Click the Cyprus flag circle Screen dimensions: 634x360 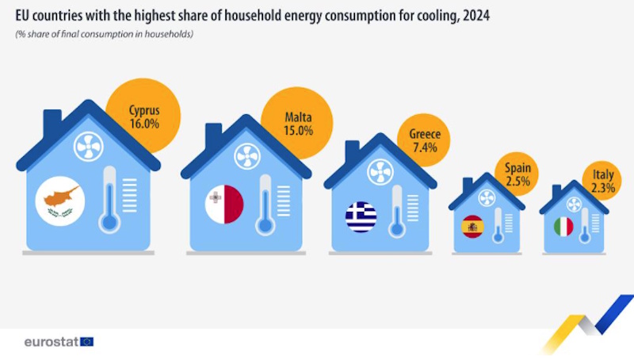[60, 201]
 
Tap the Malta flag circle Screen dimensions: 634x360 [224, 205]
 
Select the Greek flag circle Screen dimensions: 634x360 [361, 216]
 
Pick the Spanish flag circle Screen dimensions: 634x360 [472, 227]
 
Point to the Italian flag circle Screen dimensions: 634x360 [563, 227]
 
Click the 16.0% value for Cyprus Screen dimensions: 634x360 [144, 124]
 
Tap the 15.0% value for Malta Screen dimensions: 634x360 [299, 131]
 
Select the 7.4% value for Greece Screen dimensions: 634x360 [425, 147]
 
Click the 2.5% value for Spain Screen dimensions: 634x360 [518, 182]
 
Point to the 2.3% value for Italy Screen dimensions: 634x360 [603, 188]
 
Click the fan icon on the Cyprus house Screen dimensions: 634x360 [89, 147]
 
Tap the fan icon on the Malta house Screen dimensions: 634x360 [247, 156]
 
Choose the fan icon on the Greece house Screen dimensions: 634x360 [380, 172]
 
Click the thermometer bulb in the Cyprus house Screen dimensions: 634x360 [109, 223]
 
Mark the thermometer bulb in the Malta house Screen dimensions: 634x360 [265, 226]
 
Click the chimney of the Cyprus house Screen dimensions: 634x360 [52, 122]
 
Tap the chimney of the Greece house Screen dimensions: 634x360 [352, 151]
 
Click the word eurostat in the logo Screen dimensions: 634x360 [52, 343]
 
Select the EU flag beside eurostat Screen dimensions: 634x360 [87, 343]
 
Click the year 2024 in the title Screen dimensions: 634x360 [476, 16]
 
